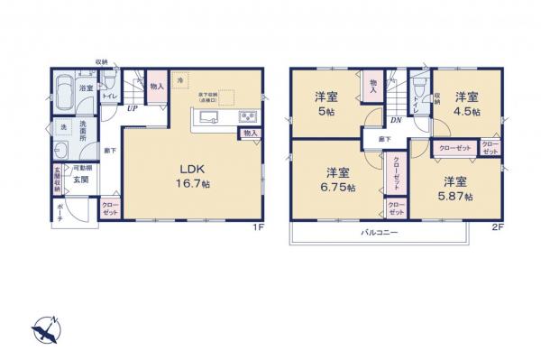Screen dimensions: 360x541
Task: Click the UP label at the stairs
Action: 133,109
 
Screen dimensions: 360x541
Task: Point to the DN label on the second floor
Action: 396,118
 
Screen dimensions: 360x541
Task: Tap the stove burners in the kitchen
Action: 248,118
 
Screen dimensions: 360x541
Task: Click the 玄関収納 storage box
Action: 58,179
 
